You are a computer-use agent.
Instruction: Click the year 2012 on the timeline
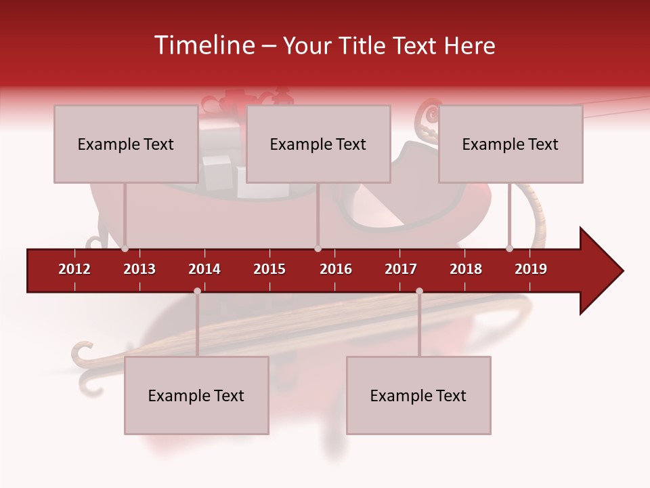[74, 269]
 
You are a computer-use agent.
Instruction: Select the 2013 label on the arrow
[139, 269]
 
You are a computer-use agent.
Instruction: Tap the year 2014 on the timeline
[204, 269]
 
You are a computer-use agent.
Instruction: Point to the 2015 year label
[269, 269]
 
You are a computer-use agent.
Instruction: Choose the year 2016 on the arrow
[336, 269]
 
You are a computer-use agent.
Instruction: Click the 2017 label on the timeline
[401, 269]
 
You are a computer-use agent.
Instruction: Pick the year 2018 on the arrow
[466, 269]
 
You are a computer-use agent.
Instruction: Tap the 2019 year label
[531, 269]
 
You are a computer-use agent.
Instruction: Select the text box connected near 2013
[126, 144]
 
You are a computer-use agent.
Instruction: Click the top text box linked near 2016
[318, 144]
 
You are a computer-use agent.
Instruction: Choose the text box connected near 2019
[511, 144]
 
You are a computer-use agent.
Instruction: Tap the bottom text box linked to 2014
[196, 395]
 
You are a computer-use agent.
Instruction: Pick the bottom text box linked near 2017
[418, 395]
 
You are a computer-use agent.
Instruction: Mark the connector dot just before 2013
[125, 249]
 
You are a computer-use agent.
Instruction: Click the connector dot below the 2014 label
[197, 291]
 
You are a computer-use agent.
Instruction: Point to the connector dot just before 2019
[509, 249]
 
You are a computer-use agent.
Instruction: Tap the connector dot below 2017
[419, 291]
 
